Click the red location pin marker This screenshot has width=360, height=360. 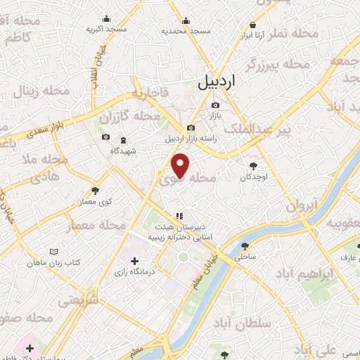coord(181,166)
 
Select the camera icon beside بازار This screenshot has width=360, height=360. coord(215,105)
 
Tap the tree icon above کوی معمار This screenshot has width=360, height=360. coord(95,190)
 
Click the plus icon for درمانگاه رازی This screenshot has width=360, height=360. coord(135,261)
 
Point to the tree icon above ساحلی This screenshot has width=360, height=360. coord(245,246)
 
